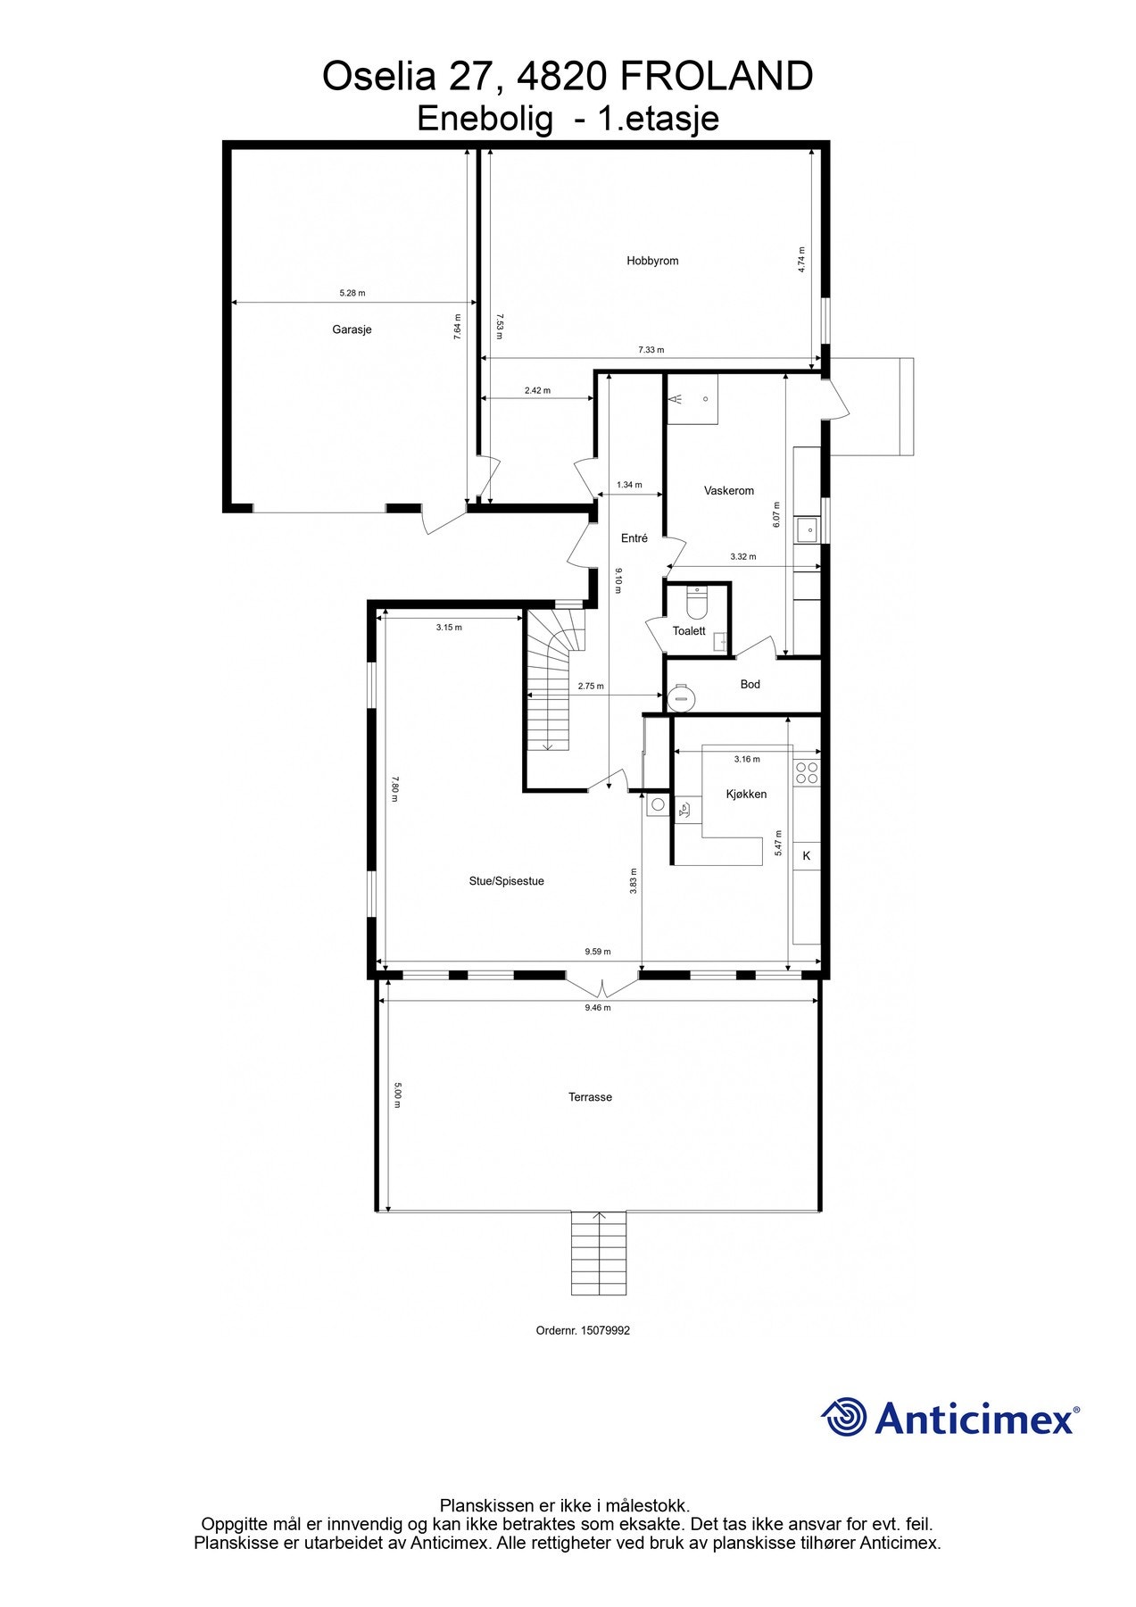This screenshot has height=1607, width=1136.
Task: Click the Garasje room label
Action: (352, 329)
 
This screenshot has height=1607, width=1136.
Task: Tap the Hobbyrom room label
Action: (652, 261)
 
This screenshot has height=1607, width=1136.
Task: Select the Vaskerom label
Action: (728, 490)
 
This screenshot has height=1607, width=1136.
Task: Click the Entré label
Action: (634, 538)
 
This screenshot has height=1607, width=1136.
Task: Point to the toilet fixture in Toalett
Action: (696, 605)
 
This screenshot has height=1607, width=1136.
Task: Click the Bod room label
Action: (750, 684)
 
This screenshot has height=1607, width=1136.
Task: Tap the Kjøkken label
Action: (746, 794)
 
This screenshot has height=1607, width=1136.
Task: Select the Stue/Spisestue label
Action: (506, 881)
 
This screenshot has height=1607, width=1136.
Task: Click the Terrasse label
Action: (590, 1097)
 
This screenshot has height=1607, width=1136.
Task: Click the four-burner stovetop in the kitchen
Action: (807, 772)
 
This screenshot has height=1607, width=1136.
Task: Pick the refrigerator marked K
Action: (807, 856)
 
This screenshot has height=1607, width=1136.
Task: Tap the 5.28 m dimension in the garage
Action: (352, 293)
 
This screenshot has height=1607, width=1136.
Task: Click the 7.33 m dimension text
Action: (651, 350)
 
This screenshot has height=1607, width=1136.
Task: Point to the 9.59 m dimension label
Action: (598, 952)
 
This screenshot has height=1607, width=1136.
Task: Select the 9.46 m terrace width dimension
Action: (598, 1007)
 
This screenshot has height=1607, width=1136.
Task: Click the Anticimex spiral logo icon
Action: (843, 1417)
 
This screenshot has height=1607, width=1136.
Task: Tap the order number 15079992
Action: (605, 1330)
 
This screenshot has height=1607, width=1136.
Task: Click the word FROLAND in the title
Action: (716, 77)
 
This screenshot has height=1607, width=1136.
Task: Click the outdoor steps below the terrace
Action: (599, 1253)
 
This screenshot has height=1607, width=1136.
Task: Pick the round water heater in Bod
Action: (682, 696)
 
